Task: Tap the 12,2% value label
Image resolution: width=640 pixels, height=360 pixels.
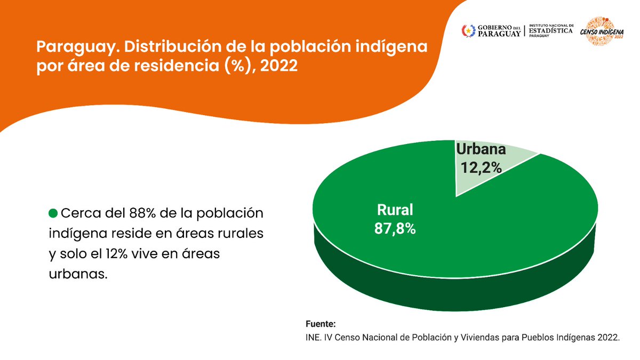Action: tap(481, 167)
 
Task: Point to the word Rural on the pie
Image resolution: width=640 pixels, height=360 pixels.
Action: tap(395, 210)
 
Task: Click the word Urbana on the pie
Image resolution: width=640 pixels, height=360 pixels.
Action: tap(481, 149)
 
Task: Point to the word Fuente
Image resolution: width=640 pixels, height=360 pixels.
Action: tap(321, 324)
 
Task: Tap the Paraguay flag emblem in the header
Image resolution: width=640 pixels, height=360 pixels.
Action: tap(468, 31)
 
